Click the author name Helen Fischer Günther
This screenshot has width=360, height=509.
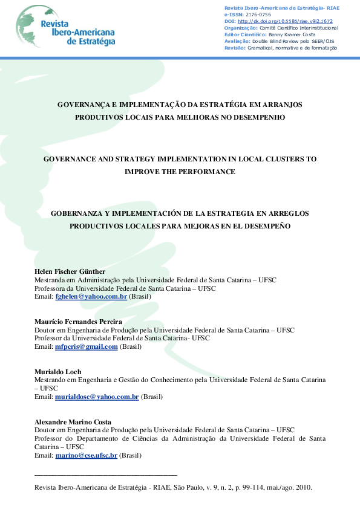[71, 271]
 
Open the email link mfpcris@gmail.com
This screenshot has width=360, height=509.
[86, 346]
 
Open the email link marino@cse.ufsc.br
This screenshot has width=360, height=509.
[86, 455]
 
